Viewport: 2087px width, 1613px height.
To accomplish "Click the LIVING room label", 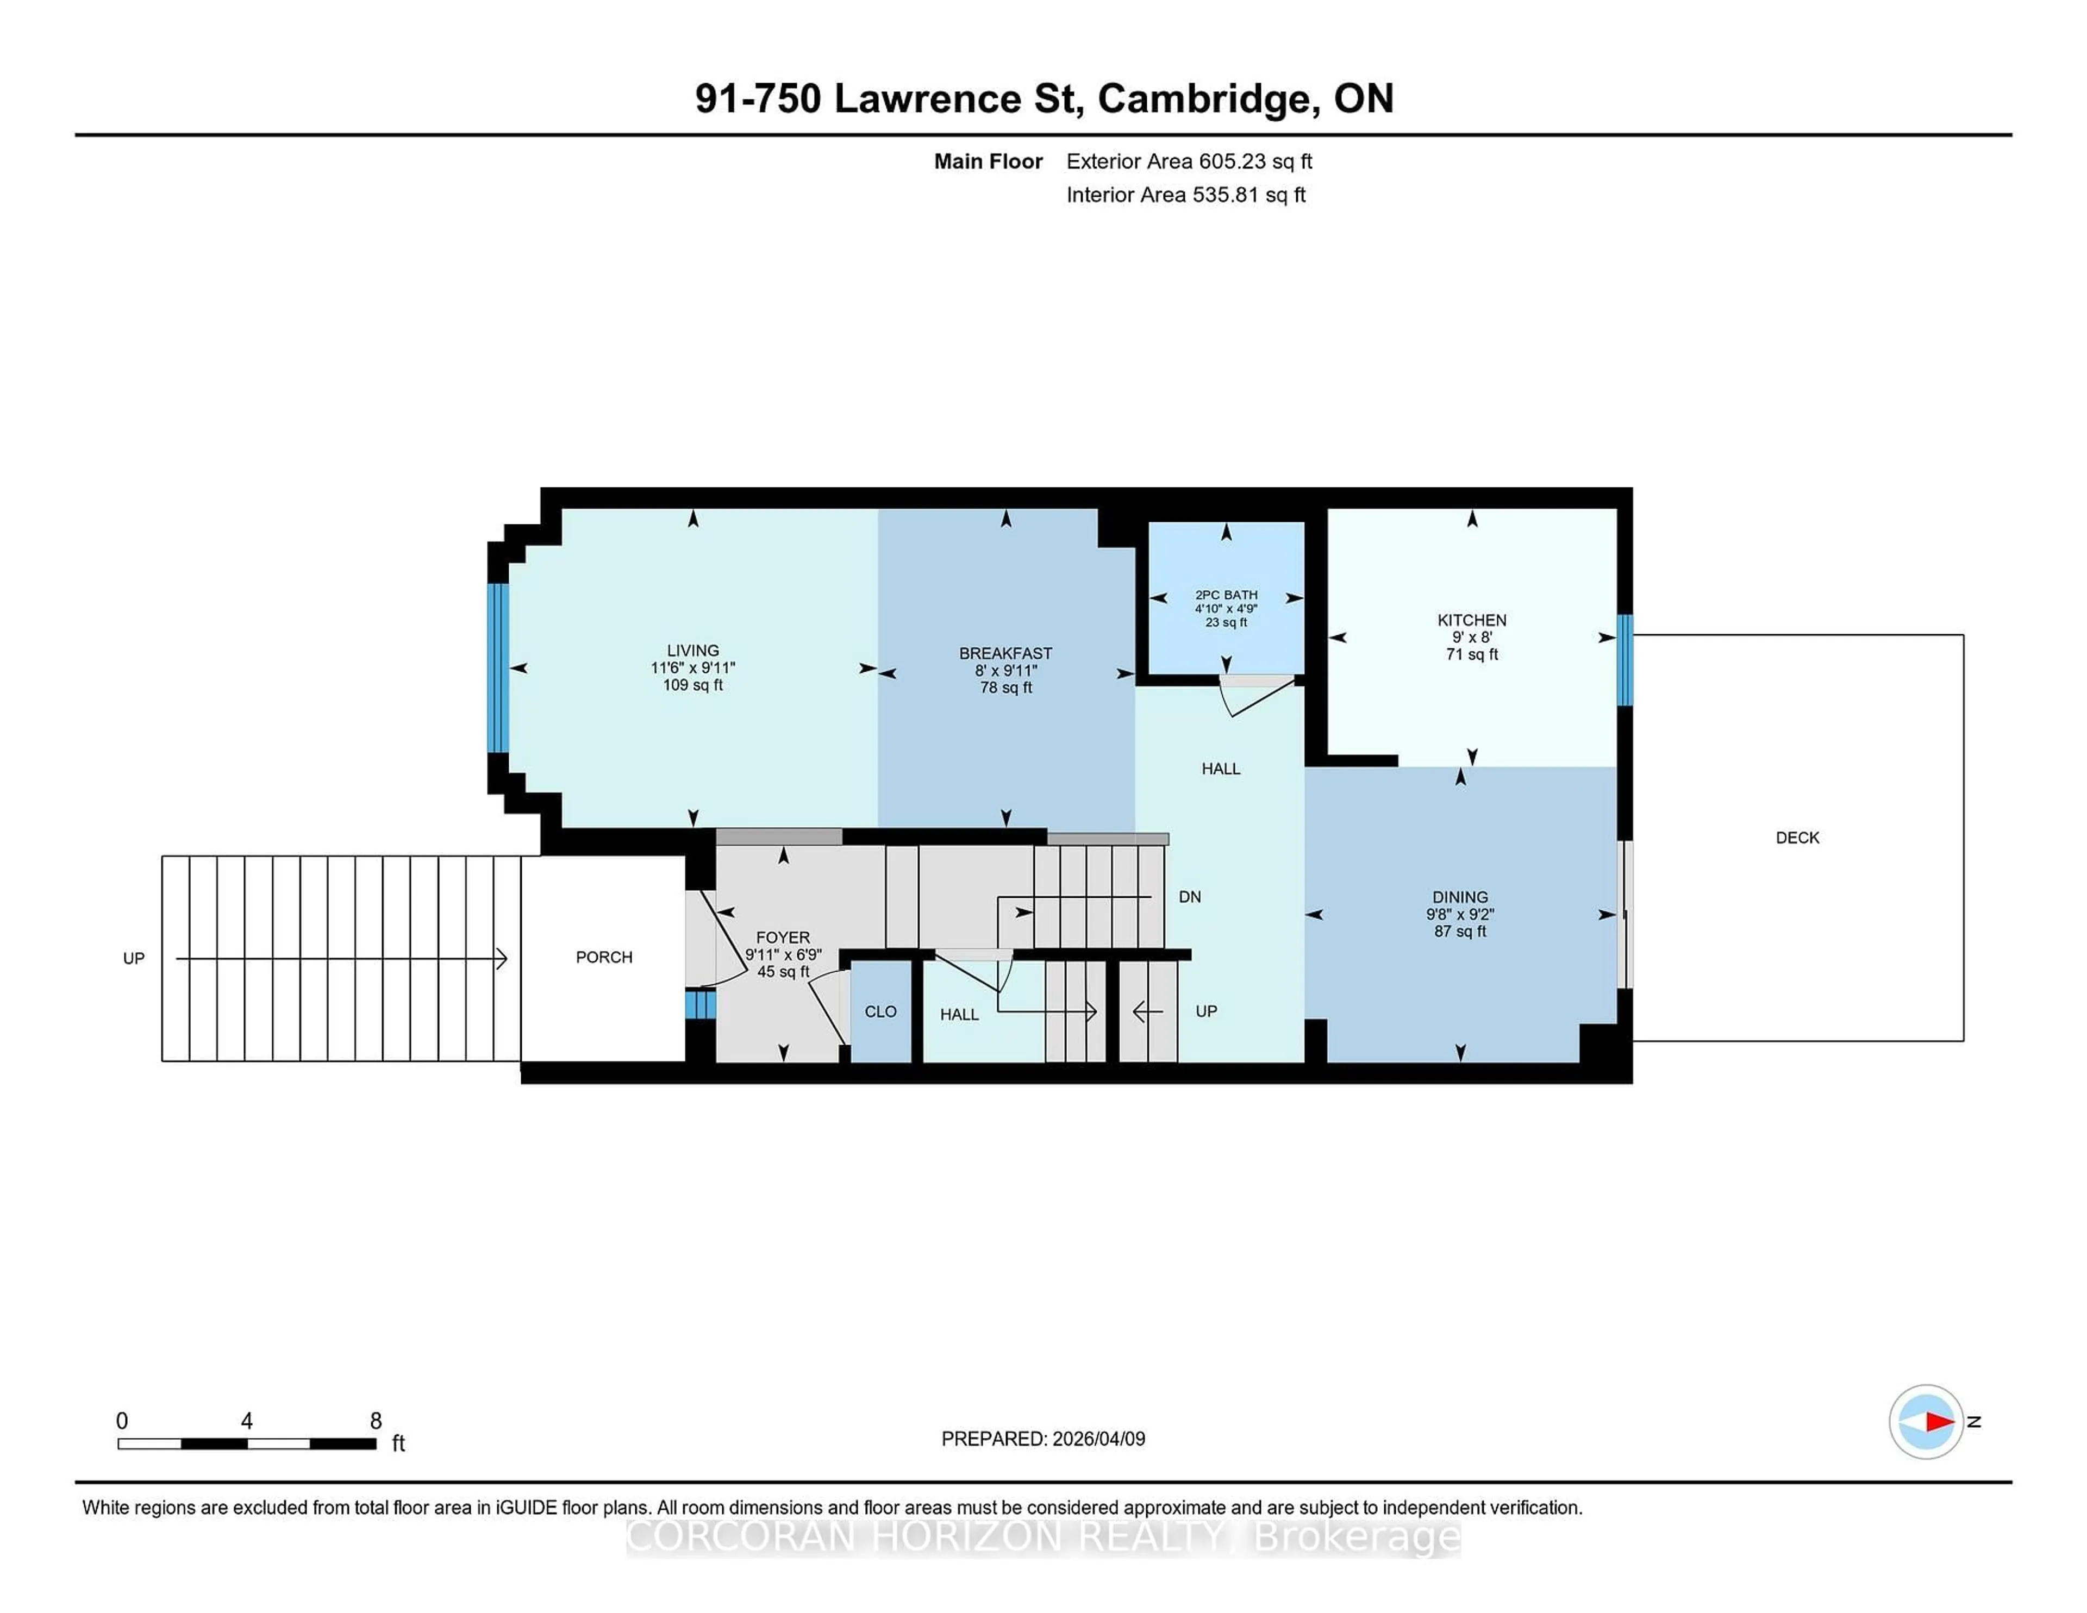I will pos(693,651).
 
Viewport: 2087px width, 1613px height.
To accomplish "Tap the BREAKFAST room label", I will pos(1005,654).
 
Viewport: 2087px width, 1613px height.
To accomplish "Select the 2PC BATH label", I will pos(1226,595).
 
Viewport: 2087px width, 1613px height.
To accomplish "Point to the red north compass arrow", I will pos(1938,1422).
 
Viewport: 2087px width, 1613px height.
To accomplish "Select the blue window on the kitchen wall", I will pos(1624,659).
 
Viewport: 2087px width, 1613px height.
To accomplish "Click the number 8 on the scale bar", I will pos(376,1421).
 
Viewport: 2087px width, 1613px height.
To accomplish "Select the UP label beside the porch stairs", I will pos(134,959).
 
